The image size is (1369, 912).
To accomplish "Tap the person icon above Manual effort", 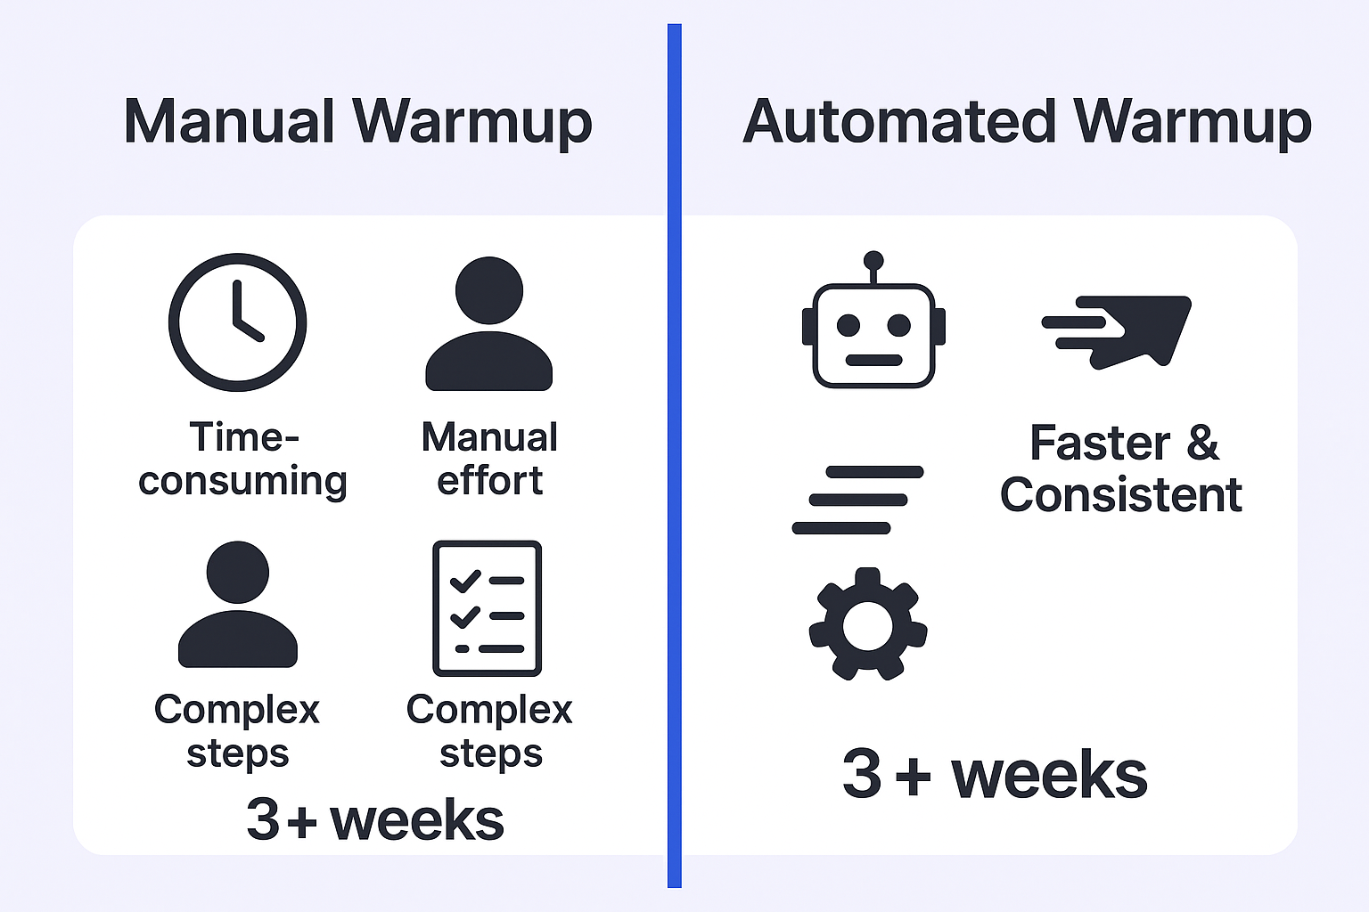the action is click(489, 324).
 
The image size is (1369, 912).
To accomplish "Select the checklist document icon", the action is click(488, 608).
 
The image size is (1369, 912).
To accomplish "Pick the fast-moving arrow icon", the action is click(1117, 331).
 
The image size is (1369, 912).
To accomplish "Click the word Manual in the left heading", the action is click(229, 121).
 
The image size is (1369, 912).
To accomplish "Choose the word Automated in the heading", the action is click(899, 121).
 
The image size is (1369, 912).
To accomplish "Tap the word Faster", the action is click(1100, 443).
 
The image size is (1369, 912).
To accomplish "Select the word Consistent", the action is click(1121, 494).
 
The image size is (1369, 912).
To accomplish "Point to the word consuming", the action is click(242, 481).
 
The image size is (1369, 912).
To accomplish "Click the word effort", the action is click(489, 480).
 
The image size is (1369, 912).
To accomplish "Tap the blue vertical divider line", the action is click(674, 456).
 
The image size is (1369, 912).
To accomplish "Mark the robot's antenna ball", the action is click(873, 260).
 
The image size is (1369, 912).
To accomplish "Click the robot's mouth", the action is click(874, 360).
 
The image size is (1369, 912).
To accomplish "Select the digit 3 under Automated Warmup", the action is click(861, 773).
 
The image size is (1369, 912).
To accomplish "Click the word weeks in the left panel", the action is click(417, 819).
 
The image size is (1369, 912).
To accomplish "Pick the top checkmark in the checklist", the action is click(465, 581).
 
